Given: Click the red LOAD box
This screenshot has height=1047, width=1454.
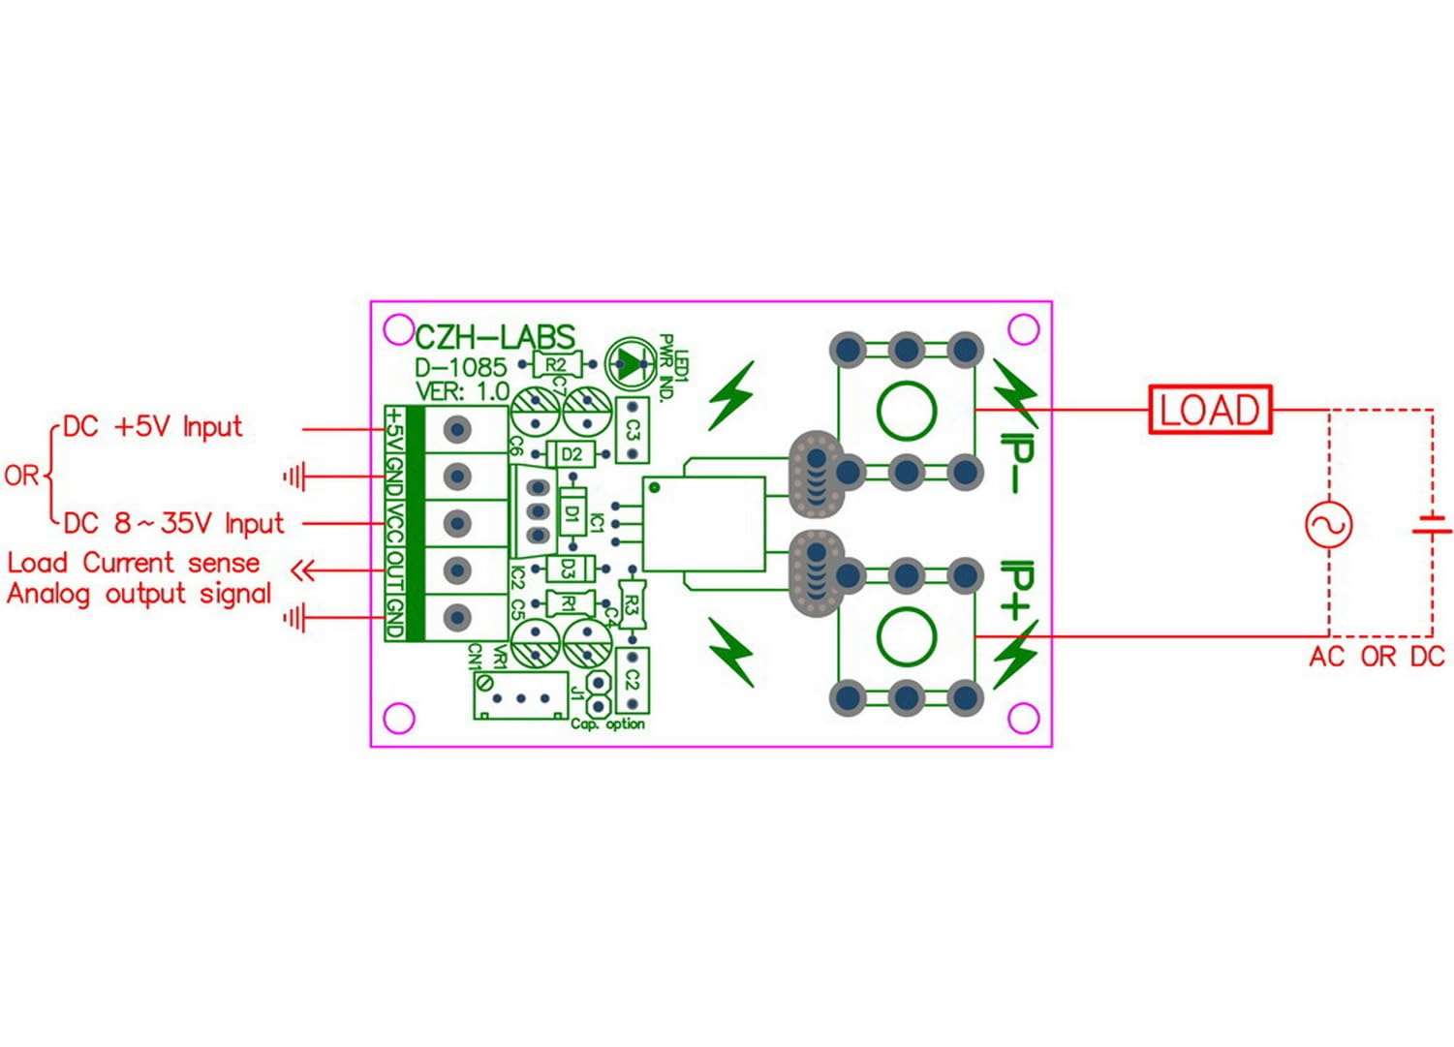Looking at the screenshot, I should (1210, 410).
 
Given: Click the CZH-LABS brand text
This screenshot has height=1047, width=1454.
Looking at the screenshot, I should (495, 337).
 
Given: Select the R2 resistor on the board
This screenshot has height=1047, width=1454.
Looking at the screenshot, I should (555, 364).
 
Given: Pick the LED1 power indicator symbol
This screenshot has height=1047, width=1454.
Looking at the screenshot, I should (630, 364).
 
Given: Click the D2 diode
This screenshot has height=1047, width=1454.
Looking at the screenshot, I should (572, 453).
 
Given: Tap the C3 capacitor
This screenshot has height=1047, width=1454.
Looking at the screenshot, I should (633, 429).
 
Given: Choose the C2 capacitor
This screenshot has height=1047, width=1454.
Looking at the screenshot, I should (633, 680).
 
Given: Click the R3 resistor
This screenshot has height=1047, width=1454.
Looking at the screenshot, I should (632, 605).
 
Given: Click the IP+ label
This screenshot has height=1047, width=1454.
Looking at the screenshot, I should (1018, 590).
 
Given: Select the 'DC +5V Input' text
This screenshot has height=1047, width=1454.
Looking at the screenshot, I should (152, 427).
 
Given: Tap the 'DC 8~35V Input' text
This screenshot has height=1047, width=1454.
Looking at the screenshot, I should (174, 524).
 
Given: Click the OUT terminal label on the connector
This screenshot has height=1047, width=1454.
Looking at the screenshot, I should (395, 570).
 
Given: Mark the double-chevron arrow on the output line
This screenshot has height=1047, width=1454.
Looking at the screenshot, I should (304, 570).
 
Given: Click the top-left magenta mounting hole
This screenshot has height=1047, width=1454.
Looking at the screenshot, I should (398, 330).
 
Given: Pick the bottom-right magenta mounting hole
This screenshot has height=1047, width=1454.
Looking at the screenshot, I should (1024, 718).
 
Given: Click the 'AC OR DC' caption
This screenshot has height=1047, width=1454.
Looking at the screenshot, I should (1377, 657).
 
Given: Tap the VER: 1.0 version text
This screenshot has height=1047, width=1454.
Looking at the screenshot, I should (462, 391).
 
